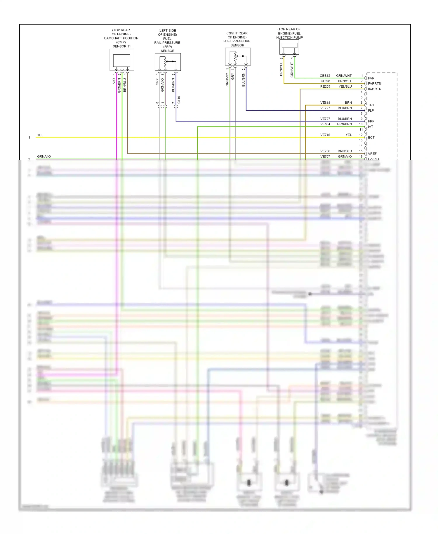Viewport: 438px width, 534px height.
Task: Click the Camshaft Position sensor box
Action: pos(122,60)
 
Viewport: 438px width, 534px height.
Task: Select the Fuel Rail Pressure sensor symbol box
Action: pos(168,62)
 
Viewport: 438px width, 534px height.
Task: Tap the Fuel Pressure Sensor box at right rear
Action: pos(238,57)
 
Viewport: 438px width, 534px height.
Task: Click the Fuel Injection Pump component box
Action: pos(289,47)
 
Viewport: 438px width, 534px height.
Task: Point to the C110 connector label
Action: pos(179,100)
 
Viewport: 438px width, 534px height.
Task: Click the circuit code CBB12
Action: pos(325,76)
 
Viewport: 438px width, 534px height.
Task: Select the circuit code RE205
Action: pos(325,86)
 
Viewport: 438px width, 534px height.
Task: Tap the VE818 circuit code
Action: pos(325,103)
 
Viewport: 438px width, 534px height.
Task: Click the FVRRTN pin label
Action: pos(374,84)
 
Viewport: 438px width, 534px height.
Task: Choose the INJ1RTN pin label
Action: pos(374,89)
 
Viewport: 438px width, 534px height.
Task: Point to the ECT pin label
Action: pos(371,138)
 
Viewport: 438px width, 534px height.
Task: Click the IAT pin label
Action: pos(371,127)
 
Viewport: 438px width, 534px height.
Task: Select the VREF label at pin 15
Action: pos(372,154)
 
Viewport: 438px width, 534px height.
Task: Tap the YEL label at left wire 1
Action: pos(40,135)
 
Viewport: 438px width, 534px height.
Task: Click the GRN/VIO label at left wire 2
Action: pos(44,157)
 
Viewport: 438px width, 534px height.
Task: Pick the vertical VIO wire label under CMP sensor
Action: pos(114,81)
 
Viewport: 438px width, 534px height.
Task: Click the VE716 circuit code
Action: pos(325,135)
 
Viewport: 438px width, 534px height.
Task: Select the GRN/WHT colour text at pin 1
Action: pos(344,76)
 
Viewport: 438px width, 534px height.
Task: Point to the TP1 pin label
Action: pos(371,105)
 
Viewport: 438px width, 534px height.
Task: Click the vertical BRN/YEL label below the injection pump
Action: pos(281,69)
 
